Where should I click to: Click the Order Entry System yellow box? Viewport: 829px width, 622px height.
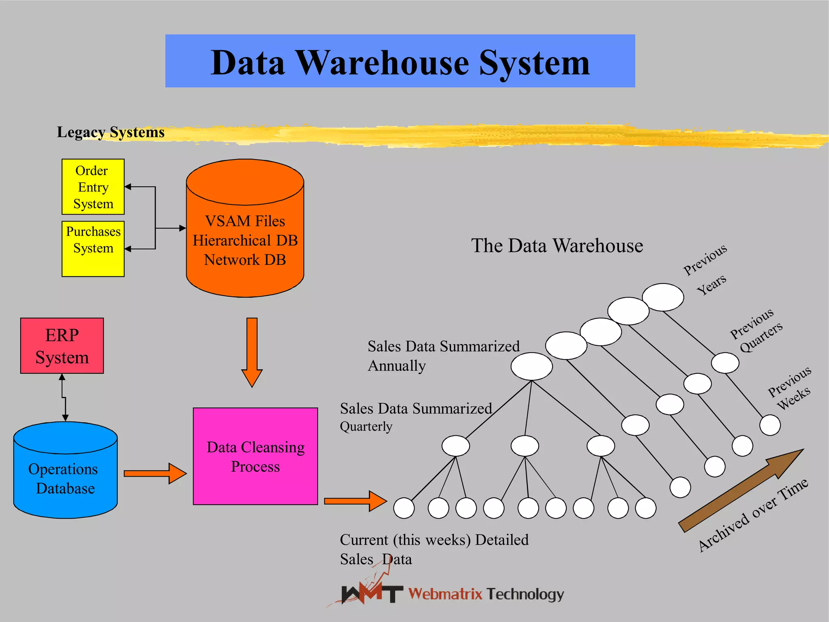pyautogui.click(x=93, y=187)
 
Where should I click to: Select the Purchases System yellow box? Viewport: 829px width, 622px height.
pyautogui.click(x=93, y=249)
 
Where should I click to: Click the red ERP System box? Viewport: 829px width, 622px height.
pyautogui.click(x=62, y=346)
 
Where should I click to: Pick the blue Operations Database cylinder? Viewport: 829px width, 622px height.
pyautogui.click(x=65, y=478)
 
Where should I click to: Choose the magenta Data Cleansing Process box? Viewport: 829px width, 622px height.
pyautogui.click(x=255, y=456)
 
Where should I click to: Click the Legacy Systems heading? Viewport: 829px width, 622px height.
pyautogui.click(x=111, y=132)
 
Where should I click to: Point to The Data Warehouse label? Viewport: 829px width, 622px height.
pyautogui.click(x=557, y=245)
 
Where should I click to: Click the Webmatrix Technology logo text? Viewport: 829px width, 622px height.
pyautogui.click(x=486, y=594)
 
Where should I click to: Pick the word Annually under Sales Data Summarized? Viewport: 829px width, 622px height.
pyautogui.click(x=397, y=366)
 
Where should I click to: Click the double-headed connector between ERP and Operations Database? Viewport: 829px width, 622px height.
pyautogui.click(x=64, y=397)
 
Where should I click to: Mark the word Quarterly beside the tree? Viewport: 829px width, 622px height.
pyautogui.click(x=366, y=426)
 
